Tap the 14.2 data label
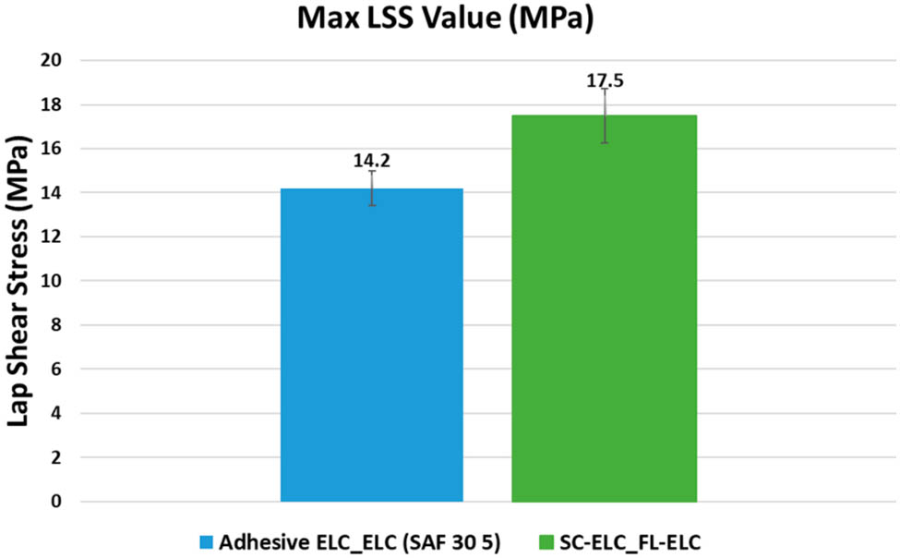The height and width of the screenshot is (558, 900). tap(371, 160)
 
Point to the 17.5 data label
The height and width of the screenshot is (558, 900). tap(605, 80)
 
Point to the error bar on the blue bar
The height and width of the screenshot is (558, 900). tap(371, 188)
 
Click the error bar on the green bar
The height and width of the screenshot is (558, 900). tap(605, 115)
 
